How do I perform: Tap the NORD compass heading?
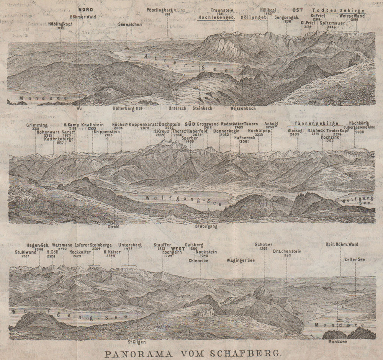(85, 9)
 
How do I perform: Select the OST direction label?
(298, 10)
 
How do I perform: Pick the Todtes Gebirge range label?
(338, 10)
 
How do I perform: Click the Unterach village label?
(177, 108)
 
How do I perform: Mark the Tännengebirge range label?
(315, 124)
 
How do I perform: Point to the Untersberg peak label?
(131, 244)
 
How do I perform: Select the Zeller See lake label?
(355, 259)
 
